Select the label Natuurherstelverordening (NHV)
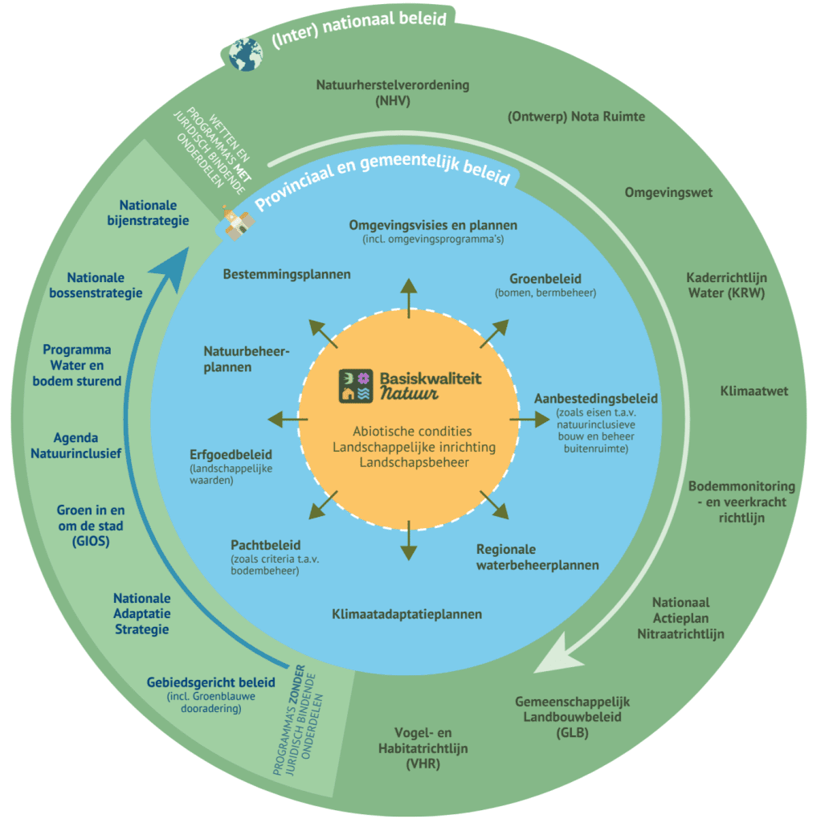point(392,92)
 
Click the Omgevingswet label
point(668,192)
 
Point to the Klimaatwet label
point(754,391)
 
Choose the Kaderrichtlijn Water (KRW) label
point(725,285)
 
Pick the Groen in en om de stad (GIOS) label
point(90,526)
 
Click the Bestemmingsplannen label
point(287,274)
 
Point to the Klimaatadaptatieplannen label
point(406,614)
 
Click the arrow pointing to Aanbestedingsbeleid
point(526,419)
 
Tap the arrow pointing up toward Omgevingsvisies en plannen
point(409,297)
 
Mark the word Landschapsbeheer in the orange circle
point(409,462)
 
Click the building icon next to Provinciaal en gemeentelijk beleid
point(233,224)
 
